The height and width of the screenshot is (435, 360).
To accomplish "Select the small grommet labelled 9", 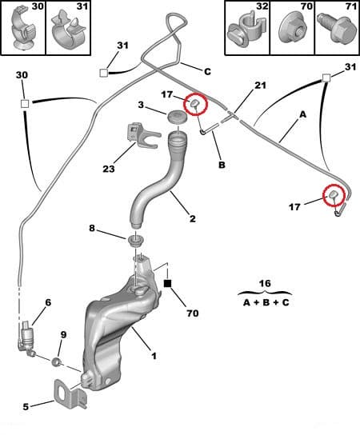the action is point(57,361).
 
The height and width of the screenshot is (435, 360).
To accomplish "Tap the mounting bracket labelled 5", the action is point(70,393).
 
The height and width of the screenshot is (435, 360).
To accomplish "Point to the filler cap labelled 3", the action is point(177,117).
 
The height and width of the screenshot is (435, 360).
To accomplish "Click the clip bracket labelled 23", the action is point(142,135).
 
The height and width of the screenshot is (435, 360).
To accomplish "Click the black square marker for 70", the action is point(168,284).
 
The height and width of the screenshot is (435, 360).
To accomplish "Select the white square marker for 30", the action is point(25,104).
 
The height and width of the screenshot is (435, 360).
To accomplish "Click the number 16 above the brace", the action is point(265,283).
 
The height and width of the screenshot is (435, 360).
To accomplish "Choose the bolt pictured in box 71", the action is point(337,28).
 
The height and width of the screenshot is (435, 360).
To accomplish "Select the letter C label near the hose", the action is point(207,72).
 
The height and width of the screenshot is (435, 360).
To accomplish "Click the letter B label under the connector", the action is point(222,165).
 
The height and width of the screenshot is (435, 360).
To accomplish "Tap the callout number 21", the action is point(260,86).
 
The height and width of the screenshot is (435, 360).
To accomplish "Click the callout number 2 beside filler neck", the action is point(193,218).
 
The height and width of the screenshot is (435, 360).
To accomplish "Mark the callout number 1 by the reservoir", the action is point(154,356).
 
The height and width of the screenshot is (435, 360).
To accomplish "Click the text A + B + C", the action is point(266,302).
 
